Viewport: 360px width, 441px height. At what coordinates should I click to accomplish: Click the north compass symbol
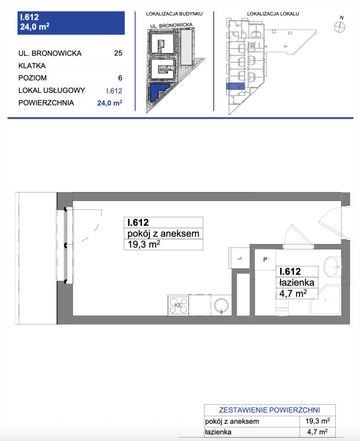point(339,27)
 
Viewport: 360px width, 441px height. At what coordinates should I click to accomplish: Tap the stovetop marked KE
point(178,305)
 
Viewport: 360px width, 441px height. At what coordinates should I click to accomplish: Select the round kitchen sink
point(221,306)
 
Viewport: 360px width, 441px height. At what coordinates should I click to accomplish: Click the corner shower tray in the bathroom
point(325,300)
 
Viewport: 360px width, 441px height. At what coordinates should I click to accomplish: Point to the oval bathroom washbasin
point(332,267)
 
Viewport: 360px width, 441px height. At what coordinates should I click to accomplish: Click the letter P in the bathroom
point(265,259)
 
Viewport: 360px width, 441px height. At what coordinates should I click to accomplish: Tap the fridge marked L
point(240,258)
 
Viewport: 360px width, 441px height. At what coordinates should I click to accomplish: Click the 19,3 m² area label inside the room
point(144,244)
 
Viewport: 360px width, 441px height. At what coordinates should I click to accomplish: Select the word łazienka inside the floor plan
point(297,283)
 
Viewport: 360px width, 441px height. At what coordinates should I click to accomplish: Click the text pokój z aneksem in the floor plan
point(163,233)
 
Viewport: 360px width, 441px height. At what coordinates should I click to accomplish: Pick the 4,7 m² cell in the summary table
point(317,432)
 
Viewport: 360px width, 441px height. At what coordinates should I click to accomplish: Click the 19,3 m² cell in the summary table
point(317,421)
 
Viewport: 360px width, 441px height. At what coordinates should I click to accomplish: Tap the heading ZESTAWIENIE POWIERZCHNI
point(270,410)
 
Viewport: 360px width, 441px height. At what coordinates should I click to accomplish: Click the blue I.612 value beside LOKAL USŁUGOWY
point(114,91)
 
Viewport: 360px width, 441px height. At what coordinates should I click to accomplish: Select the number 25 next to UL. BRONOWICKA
point(118,53)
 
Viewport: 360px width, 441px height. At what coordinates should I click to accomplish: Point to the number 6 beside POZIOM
point(120,78)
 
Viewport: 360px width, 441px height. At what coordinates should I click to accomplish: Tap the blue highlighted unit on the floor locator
point(235,86)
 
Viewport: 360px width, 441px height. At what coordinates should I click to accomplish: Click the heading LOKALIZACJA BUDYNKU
point(174,14)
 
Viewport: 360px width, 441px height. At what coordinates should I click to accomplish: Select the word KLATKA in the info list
point(32,66)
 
